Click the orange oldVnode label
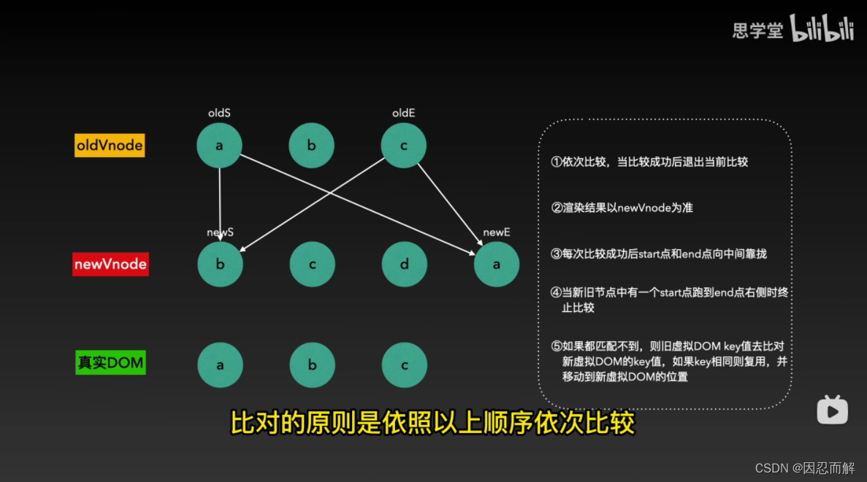coord(110,145)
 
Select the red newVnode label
coord(110,264)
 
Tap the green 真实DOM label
coord(110,362)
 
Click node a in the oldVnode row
coord(219,145)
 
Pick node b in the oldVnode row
coord(311,145)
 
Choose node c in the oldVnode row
coord(404,145)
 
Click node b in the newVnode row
coord(220,264)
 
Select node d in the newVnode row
coord(404,264)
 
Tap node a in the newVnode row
coord(497,264)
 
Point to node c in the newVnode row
coord(312,264)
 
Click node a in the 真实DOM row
coord(220,364)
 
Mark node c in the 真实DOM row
coord(404,364)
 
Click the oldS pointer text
coord(219,113)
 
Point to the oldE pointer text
coord(403,113)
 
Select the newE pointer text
coord(497,232)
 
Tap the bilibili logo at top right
coord(822,28)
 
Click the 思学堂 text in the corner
coord(757,30)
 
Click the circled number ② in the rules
coord(557,207)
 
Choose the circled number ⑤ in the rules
coord(557,345)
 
